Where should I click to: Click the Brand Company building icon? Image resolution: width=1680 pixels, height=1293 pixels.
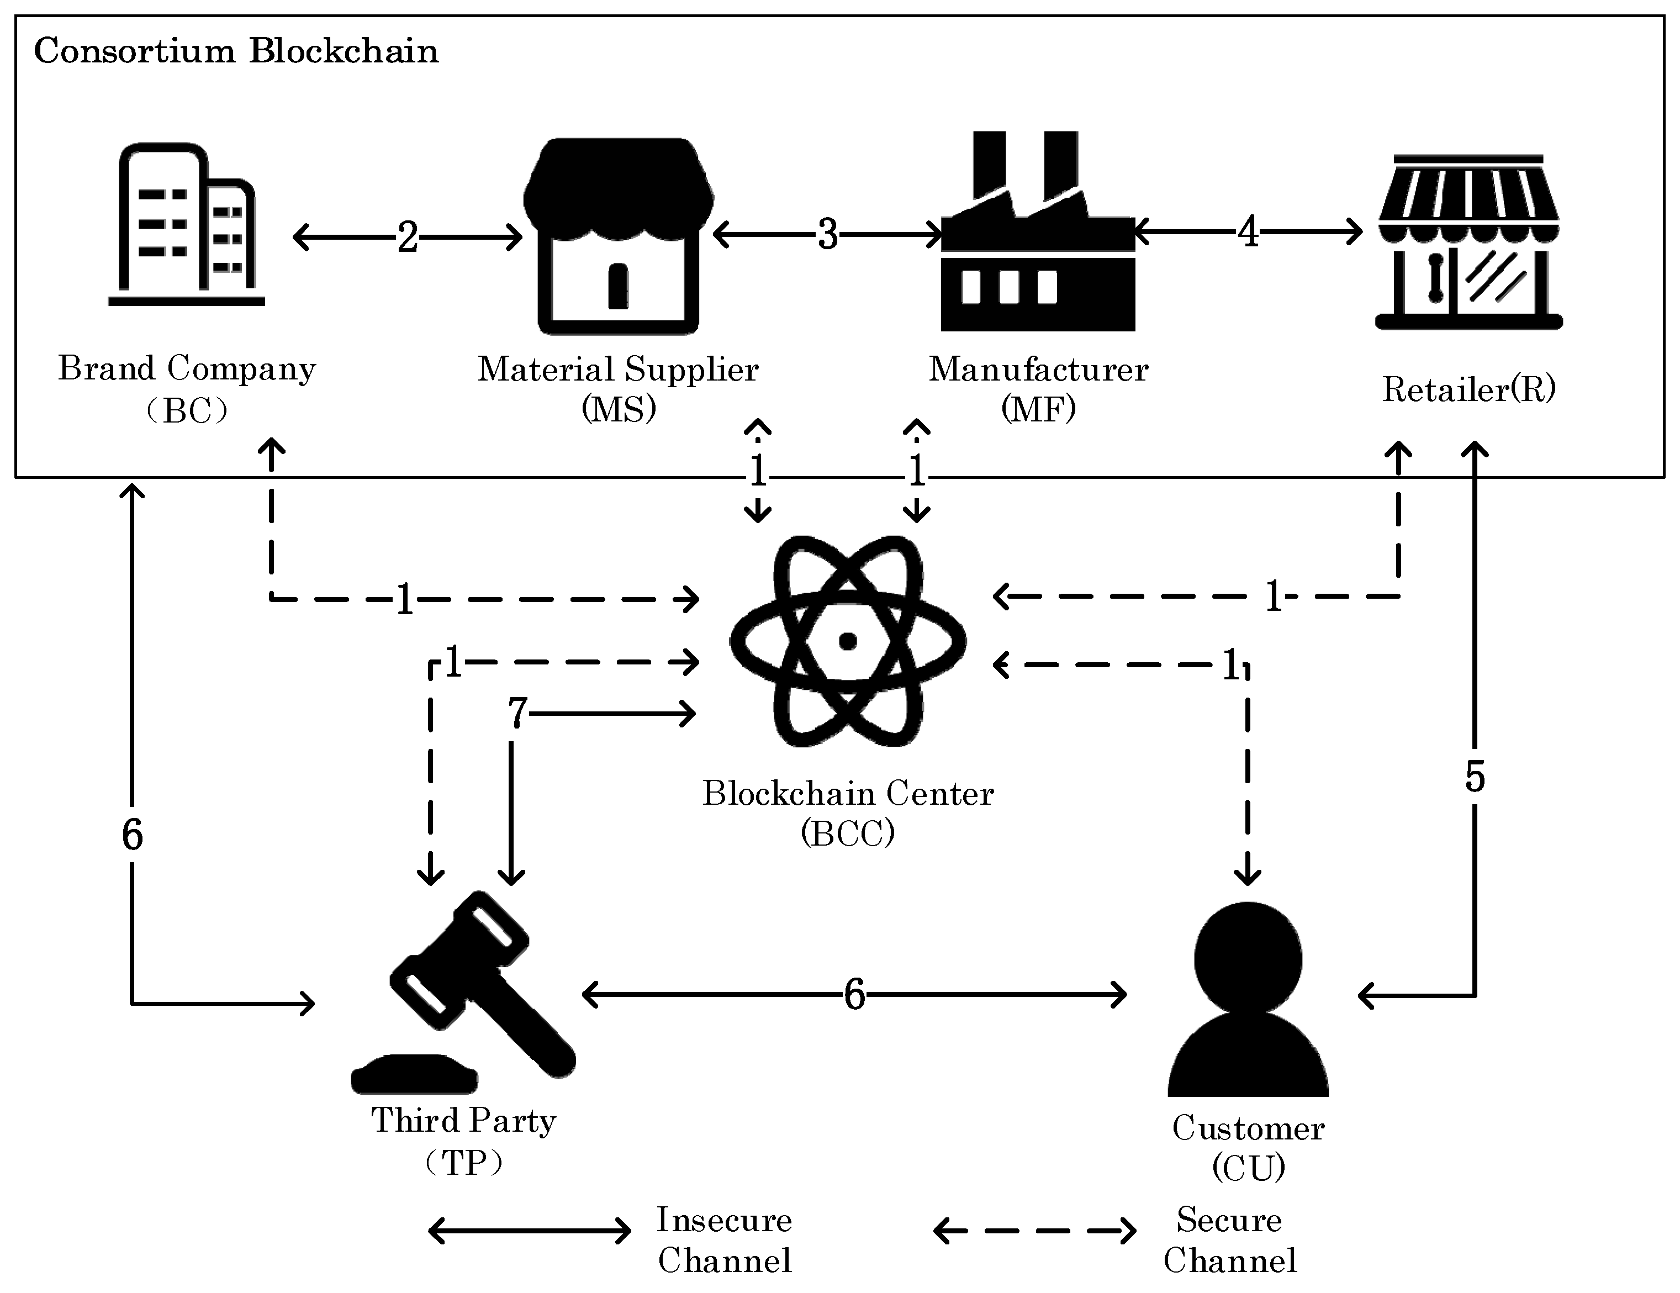[186, 225]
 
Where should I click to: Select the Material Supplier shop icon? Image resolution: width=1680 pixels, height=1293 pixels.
[619, 236]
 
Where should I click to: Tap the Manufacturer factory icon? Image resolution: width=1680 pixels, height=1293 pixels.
[1038, 231]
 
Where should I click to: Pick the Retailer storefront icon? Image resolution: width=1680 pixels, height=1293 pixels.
[1468, 242]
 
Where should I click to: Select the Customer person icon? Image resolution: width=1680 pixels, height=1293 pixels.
[1248, 999]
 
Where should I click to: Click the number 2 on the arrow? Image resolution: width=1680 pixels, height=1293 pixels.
[408, 237]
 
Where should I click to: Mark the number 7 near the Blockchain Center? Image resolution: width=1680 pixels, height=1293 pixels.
[517, 713]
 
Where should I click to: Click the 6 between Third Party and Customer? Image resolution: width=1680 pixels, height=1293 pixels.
[854, 995]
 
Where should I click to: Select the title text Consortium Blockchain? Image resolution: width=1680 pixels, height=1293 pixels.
[236, 51]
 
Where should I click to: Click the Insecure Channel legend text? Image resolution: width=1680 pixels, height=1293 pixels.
[725, 1240]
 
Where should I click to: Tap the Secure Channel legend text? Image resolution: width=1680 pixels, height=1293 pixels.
[1229, 1240]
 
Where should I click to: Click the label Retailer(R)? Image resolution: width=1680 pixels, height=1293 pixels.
[1468, 389]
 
